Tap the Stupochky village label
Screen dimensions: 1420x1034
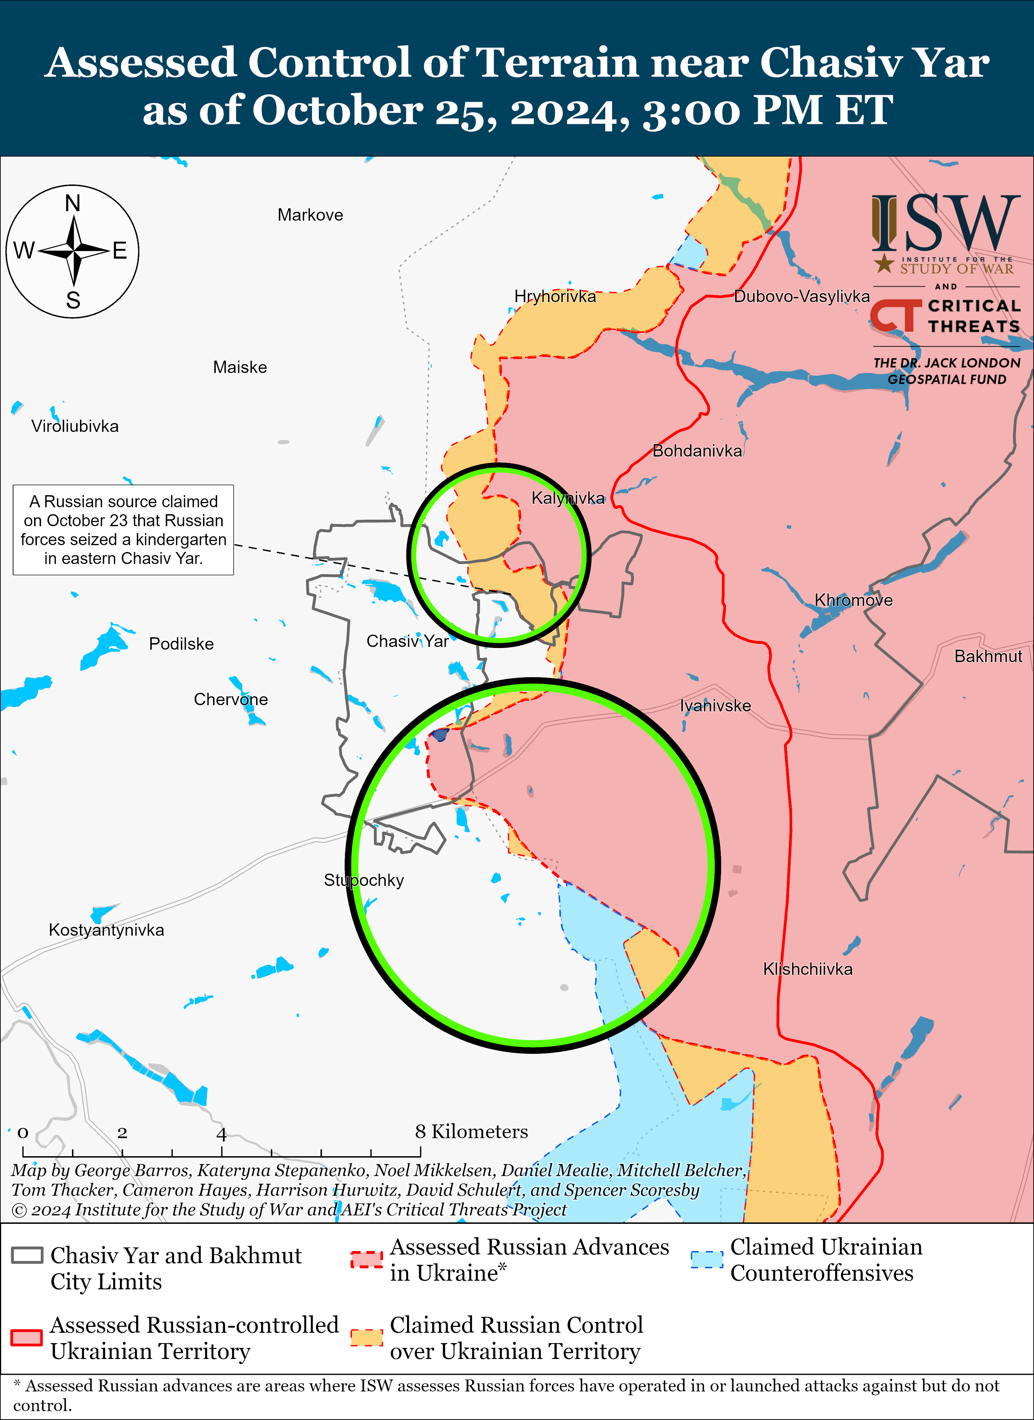[364, 880]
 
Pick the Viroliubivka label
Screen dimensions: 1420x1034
[75, 426]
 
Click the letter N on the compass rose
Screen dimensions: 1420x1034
[73, 203]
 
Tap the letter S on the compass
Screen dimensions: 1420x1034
[73, 301]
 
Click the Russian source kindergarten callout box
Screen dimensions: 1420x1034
[123, 530]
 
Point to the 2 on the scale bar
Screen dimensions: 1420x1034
[122, 1133]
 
